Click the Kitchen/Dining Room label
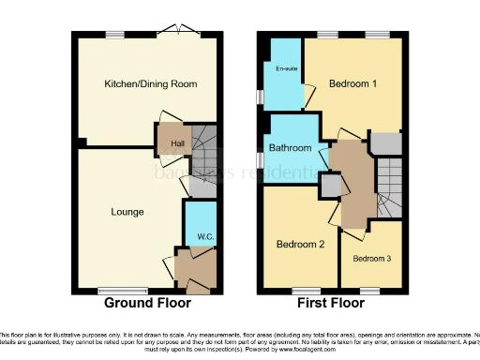pyautogui.click(x=150, y=84)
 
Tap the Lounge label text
pyautogui.click(x=127, y=212)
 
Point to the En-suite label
pyautogui.click(x=285, y=68)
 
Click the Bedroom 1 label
pyautogui.click(x=352, y=84)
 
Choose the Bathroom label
pyautogui.click(x=290, y=148)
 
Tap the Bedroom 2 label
pyautogui.click(x=299, y=245)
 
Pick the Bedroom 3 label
pyautogui.click(x=371, y=257)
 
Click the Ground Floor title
pyautogui.click(x=147, y=303)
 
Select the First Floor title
pyautogui.click(x=333, y=303)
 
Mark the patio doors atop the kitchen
pyautogui.click(x=172, y=35)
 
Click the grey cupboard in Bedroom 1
pyautogui.click(x=383, y=142)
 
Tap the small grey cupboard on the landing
pyautogui.click(x=329, y=186)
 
